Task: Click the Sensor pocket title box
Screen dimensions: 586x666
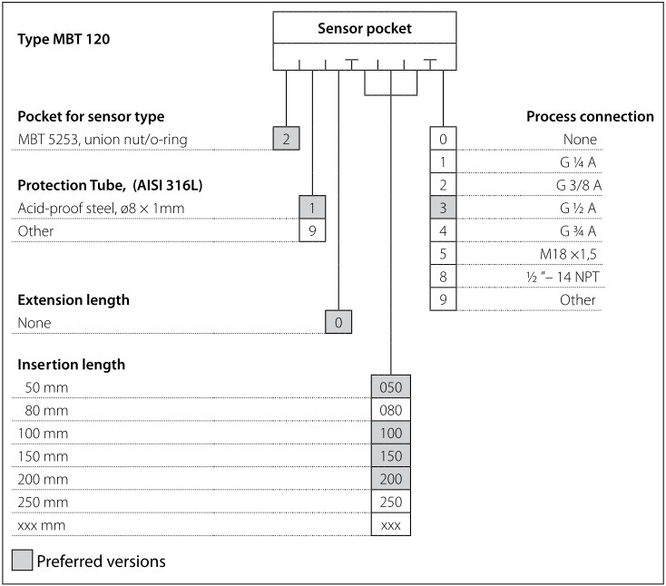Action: pos(364,28)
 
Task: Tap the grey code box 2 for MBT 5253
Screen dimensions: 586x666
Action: pos(286,139)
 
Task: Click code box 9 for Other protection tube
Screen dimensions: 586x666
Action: pos(312,230)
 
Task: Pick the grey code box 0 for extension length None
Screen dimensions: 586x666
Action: pos(338,322)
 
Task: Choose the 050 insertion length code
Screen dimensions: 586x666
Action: pos(391,387)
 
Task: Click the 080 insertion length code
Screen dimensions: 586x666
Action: pos(391,410)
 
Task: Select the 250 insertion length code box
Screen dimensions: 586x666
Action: pos(391,502)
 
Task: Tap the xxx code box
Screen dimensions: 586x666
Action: pos(391,525)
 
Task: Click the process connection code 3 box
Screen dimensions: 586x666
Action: pos(443,208)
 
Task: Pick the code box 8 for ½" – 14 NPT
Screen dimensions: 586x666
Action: pos(443,277)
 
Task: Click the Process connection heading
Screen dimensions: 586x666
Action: pos(590,117)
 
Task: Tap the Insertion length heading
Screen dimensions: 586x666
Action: pos(72,365)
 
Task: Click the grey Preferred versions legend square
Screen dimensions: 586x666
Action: pos(22,560)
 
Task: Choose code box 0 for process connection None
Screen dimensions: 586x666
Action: pos(443,139)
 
